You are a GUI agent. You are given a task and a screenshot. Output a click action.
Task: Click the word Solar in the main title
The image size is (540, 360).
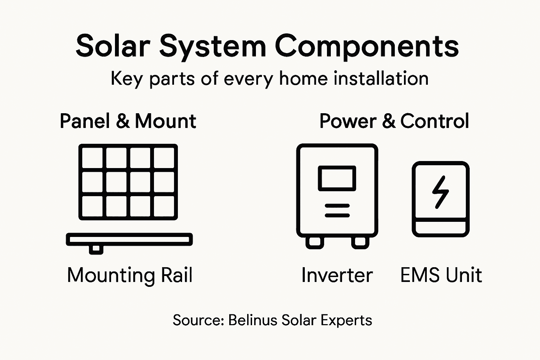(x=113, y=46)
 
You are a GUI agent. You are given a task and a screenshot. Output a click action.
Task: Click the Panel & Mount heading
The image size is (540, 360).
(x=128, y=121)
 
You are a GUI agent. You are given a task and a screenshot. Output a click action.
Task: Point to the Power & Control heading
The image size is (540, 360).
(x=394, y=121)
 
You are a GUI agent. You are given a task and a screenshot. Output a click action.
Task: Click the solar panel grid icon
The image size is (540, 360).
(x=128, y=182)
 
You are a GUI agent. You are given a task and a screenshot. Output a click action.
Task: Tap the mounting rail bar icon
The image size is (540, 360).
(x=129, y=239)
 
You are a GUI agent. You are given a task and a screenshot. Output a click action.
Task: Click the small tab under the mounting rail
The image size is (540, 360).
(x=96, y=250)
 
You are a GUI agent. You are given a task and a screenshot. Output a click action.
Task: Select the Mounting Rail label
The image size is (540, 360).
(x=130, y=275)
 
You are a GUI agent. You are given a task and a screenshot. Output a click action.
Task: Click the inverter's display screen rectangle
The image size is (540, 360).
(x=337, y=178)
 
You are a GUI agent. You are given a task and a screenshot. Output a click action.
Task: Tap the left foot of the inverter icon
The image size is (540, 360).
(x=315, y=243)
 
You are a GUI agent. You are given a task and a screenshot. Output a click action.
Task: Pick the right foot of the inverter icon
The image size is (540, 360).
(x=360, y=243)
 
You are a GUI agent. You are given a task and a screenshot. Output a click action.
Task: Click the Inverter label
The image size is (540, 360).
(x=337, y=275)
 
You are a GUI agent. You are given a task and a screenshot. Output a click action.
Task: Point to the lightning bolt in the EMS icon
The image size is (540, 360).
(x=440, y=192)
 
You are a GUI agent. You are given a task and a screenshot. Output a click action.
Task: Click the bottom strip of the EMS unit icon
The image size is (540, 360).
(x=441, y=228)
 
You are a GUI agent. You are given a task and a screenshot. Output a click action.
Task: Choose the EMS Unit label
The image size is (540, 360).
(x=441, y=275)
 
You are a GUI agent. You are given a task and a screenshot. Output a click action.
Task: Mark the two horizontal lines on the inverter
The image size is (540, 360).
(x=337, y=210)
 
